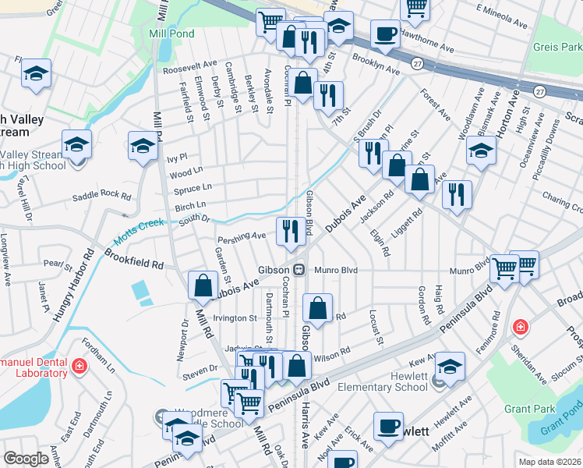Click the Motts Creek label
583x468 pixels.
point(140,227)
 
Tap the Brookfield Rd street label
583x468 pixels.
point(136,260)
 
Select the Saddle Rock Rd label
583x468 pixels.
point(102,193)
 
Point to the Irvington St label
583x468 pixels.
point(235,318)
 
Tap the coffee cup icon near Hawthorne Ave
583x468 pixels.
point(385,34)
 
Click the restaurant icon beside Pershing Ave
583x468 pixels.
point(289,229)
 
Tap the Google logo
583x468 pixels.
point(26,459)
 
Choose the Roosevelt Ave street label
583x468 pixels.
point(191,66)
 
